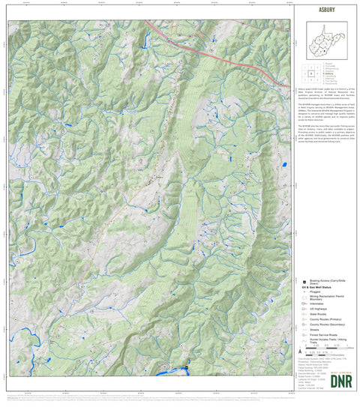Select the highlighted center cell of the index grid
[310, 73]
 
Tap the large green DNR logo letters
[326, 379]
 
